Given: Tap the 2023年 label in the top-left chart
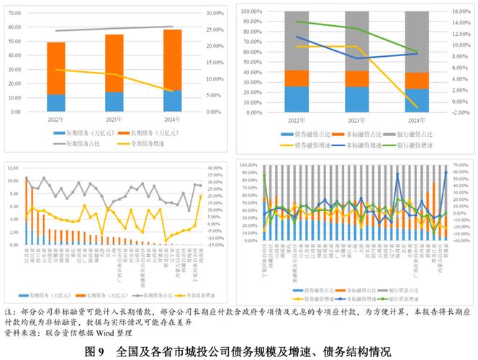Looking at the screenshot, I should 114,119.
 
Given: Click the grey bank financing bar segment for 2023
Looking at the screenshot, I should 357,40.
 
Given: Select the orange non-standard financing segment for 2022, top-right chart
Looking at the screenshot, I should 297,78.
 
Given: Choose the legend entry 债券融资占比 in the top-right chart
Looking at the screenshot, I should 296,135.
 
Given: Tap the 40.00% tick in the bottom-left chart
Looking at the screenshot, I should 217,168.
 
